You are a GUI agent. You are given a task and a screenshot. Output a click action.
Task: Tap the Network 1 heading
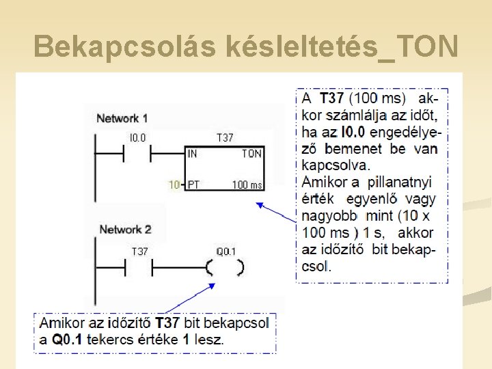tap(122, 118)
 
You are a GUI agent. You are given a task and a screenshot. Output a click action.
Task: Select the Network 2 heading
tap(125, 229)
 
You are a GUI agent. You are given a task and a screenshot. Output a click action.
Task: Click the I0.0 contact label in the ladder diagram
tap(137, 138)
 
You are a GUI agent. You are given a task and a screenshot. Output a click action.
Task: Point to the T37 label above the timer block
tap(225, 138)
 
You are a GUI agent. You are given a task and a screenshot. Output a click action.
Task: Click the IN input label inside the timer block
tap(193, 154)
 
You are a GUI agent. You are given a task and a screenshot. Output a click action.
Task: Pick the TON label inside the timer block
tap(251, 154)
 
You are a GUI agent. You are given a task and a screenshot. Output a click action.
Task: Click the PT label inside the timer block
tap(194, 184)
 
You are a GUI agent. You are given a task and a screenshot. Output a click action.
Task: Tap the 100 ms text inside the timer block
tap(247, 184)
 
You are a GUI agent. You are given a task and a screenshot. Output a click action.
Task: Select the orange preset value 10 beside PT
tap(174, 184)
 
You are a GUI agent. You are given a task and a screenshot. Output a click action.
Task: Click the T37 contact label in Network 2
tap(139, 251)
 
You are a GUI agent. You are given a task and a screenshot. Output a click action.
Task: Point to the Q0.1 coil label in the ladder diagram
tap(226, 251)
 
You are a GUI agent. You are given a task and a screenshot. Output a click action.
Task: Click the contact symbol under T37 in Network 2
tap(139, 267)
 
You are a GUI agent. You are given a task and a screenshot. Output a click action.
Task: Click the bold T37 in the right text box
tap(333, 98)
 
